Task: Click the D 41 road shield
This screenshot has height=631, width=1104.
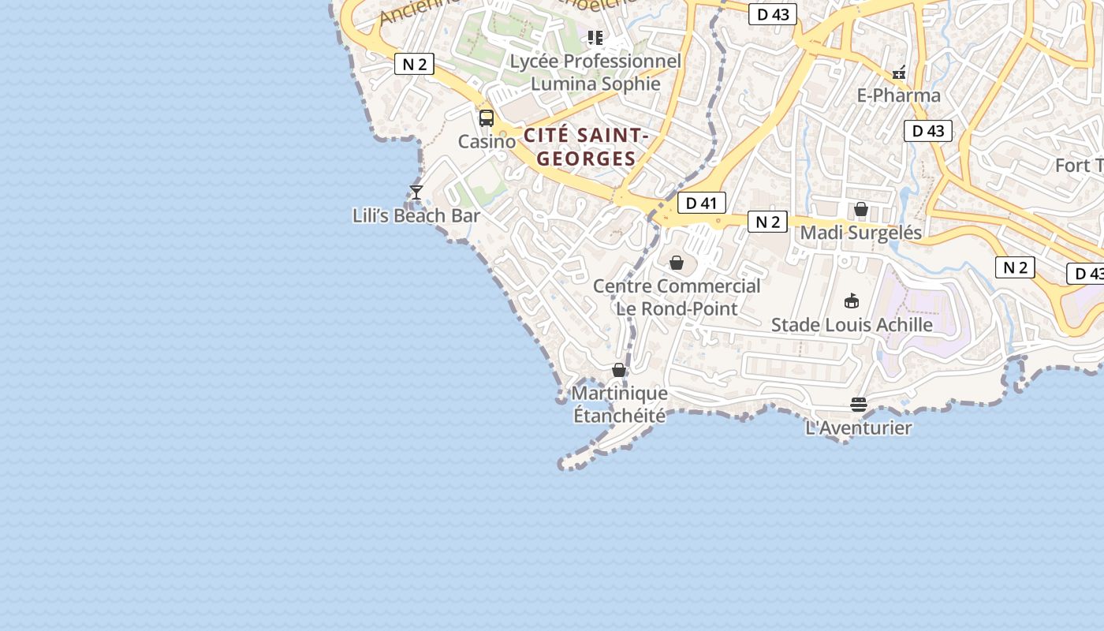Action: (701, 203)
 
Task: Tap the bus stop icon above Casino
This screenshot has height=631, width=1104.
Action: (487, 118)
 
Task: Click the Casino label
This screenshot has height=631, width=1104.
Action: (487, 142)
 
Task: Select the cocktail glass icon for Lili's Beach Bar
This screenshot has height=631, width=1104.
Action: (416, 192)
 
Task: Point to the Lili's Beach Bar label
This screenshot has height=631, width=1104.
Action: (416, 215)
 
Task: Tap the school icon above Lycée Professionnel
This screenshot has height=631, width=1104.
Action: (595, 37)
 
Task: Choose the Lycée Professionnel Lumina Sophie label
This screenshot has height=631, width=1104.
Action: (595, 73)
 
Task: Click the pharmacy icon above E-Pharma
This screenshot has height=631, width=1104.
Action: (899, 73)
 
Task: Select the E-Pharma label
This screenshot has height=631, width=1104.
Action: (899, 96)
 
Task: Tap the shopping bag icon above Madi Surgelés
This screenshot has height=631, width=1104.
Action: (861, 209)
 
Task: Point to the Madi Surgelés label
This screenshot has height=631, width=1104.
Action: (861, 233)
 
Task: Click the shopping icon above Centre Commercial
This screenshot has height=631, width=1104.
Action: (677, 262)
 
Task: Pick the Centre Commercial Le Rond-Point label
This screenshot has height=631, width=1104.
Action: (677, 297)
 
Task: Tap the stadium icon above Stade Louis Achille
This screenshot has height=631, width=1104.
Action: (852, 301)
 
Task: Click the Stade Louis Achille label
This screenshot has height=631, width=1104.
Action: (852, 325)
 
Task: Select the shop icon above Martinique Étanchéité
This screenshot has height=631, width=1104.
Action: (619, 370)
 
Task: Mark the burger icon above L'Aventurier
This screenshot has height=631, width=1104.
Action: (859, 405)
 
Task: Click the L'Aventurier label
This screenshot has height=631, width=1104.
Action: (859, 428)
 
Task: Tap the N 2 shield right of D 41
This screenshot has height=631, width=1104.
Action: (767, 222)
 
